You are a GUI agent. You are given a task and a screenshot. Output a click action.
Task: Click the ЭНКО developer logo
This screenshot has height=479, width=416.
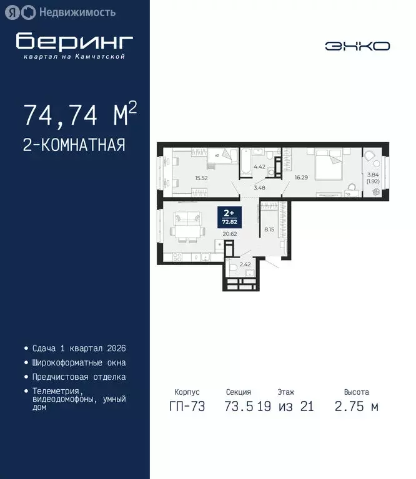pyautogui.click(x=357, y=46)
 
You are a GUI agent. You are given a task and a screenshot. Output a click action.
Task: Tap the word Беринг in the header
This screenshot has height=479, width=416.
pyautogui.click(x=74, y=41)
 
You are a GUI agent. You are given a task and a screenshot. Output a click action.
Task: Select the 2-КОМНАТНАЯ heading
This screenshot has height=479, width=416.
pyautogui.click(x=74, y=145)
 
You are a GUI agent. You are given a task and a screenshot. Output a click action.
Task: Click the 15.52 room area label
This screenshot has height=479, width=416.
pyautogui.click(x=201, y=178)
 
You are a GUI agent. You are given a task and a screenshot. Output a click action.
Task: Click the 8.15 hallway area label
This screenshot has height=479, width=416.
pyautogui.click(x=269, y=229)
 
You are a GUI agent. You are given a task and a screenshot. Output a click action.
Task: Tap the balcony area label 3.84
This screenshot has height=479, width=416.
pyautogui.click(x=373, y=175)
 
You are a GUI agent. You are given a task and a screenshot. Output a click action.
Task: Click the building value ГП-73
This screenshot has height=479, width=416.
pyautogui.click(x=184, y=407)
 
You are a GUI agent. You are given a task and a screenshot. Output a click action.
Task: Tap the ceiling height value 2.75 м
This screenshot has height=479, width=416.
pyautogui.click(x=356, y=407)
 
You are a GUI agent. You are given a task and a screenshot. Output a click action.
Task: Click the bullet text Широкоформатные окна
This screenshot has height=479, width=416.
pyautogui.click(x=79, y=362)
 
